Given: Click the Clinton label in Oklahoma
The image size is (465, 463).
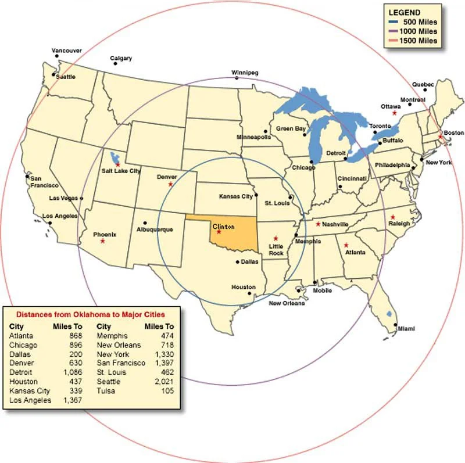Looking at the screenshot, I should [224, 226].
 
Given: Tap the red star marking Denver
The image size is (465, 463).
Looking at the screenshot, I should [170, 184].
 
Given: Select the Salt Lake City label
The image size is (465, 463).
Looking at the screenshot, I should [121, 171].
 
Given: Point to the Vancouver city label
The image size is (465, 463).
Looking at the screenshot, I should [66, 50].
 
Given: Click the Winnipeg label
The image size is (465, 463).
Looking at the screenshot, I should [244, 73].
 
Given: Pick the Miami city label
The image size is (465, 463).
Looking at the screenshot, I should [406, 329].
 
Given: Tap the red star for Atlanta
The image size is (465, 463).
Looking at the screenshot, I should [346, 245].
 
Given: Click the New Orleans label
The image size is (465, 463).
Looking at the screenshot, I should [287, 303].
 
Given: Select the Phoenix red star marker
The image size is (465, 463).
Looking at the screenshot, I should [103, 241].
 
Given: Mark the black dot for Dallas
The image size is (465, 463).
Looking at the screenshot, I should [237, 262].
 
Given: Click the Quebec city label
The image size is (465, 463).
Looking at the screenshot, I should [423, 85].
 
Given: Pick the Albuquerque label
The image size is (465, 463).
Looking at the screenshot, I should [155, 229].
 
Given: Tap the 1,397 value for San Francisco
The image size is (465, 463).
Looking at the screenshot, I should [163, 363].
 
